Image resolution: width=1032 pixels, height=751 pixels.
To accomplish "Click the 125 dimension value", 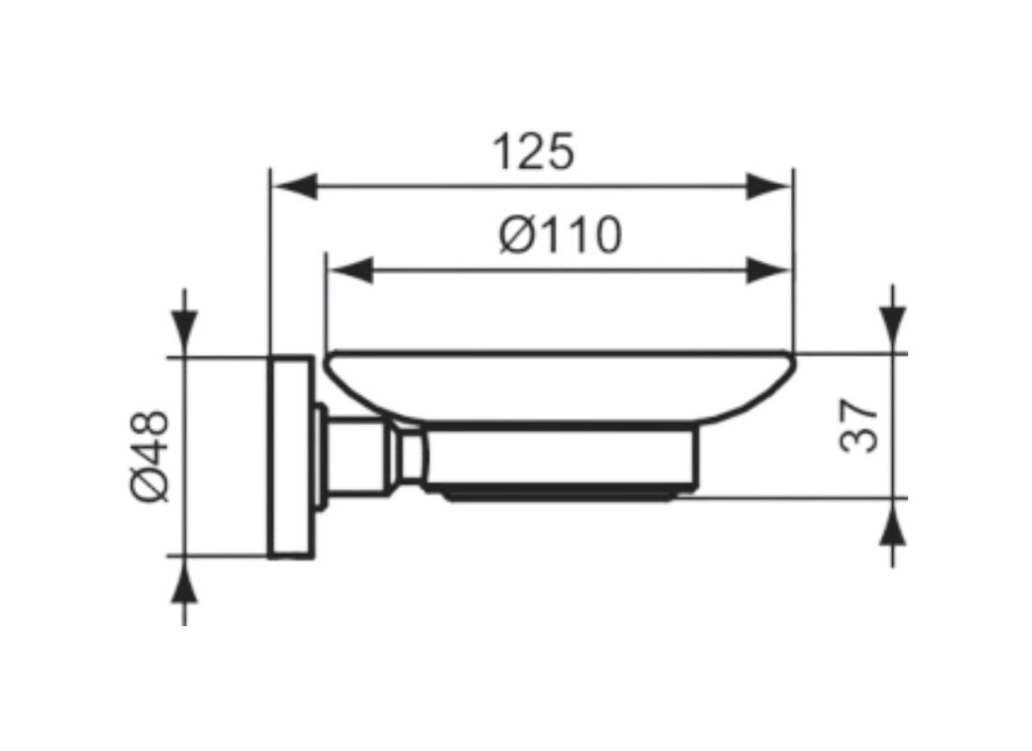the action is (533, 152).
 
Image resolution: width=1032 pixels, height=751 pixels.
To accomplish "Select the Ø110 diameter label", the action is (560, 236).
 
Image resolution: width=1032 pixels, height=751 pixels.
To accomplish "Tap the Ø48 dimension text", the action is (150, 456).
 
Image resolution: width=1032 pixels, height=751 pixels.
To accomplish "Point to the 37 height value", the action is (858, 425).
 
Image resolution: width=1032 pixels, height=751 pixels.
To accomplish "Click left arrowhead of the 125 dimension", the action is (295, 187).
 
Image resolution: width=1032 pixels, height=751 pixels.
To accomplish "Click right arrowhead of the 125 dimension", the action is (768, 187).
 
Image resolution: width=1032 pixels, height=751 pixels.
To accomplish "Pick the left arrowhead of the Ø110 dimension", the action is (350, 270).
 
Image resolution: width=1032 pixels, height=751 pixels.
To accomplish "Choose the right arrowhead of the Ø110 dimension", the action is (768, 270).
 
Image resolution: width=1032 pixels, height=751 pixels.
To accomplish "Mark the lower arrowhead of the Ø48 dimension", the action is (184, 580).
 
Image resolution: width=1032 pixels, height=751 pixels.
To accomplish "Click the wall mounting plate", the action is (291, 457).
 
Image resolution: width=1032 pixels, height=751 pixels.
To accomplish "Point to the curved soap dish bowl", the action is (560, 388).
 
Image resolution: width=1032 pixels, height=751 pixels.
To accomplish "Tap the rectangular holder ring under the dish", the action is (560, 457).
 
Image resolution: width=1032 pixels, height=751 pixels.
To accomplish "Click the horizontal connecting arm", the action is (358, 456).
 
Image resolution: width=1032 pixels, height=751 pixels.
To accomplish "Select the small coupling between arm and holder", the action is (409, 456).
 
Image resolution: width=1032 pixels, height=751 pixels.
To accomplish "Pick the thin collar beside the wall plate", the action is (321, 456).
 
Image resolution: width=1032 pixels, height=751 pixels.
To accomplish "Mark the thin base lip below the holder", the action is (560, 496).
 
